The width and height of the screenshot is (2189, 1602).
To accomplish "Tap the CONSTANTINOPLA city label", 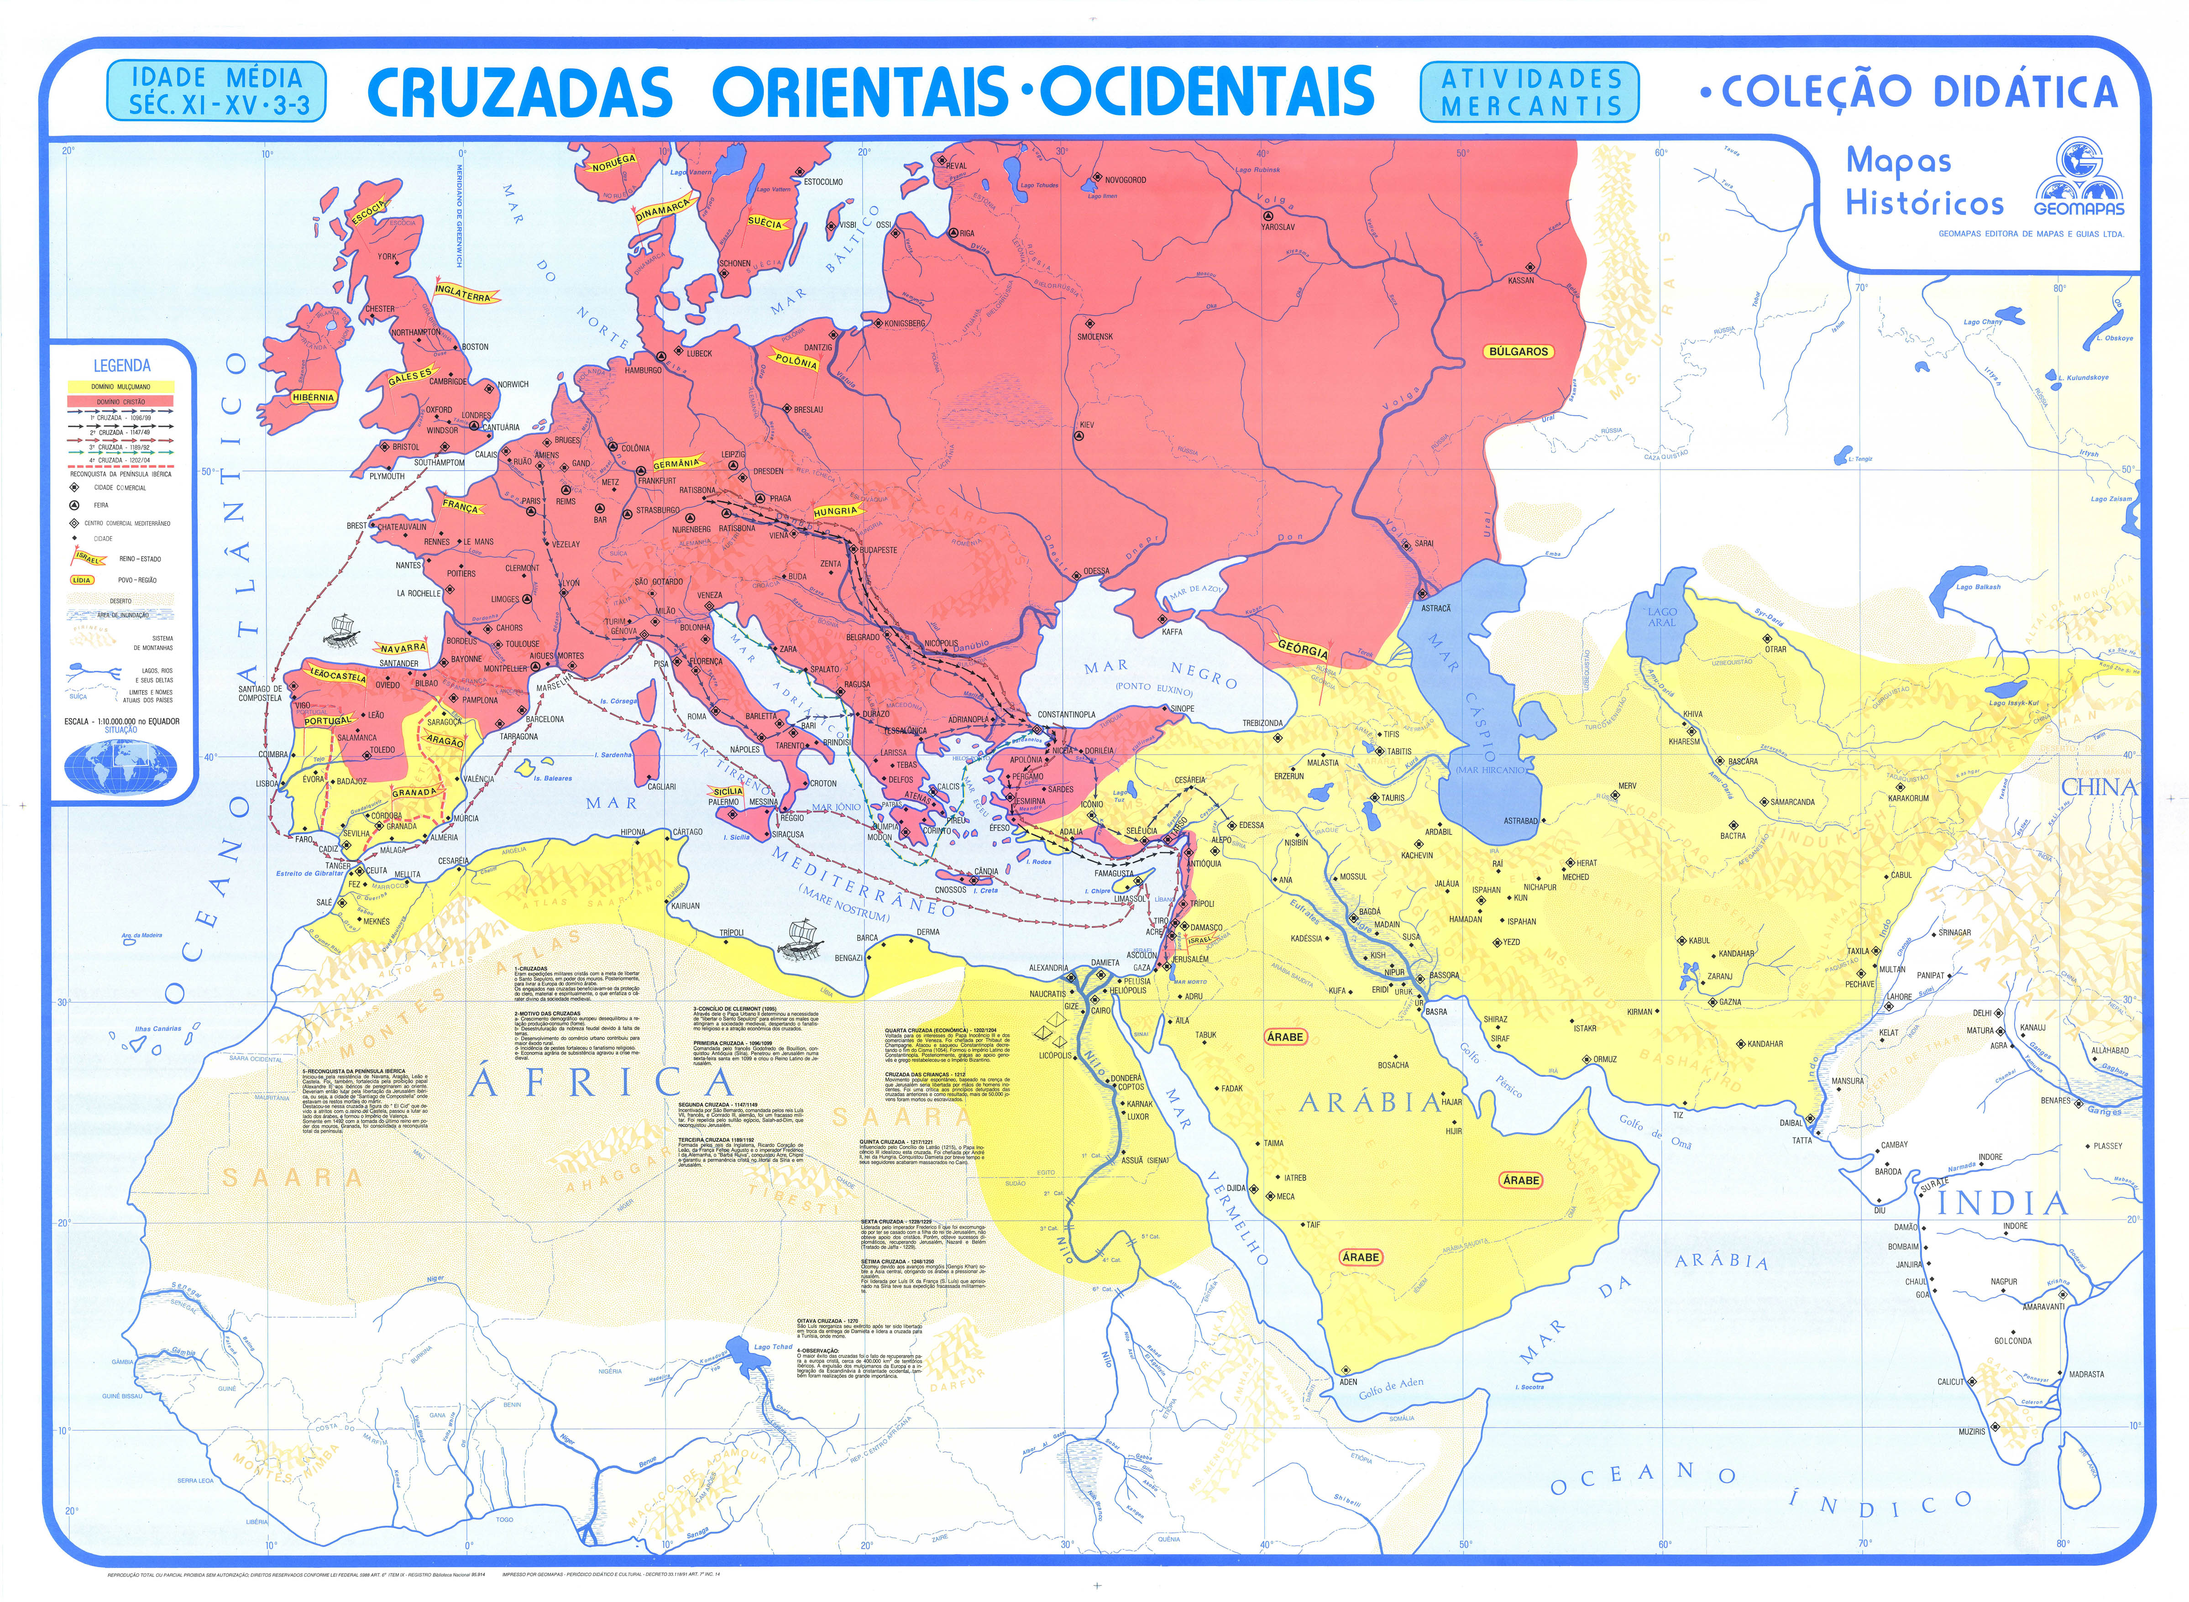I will (x=1066, y=715).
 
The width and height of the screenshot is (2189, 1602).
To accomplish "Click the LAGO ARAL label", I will (x=1661, y=617).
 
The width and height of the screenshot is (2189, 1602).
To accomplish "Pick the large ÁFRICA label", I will (x=601, y=1083).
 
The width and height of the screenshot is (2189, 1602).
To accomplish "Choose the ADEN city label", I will (x=1348, y=1381).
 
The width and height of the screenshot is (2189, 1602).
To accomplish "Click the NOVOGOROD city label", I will (x=1125, y=179).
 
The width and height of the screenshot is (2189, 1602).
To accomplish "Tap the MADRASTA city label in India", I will (x=2086, y=1374).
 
